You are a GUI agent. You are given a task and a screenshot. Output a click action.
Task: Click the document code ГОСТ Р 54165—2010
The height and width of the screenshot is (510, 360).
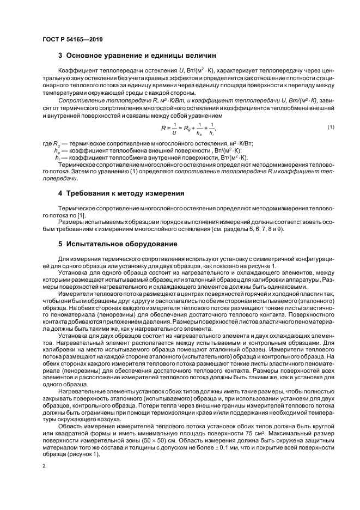tap(72, 39)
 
